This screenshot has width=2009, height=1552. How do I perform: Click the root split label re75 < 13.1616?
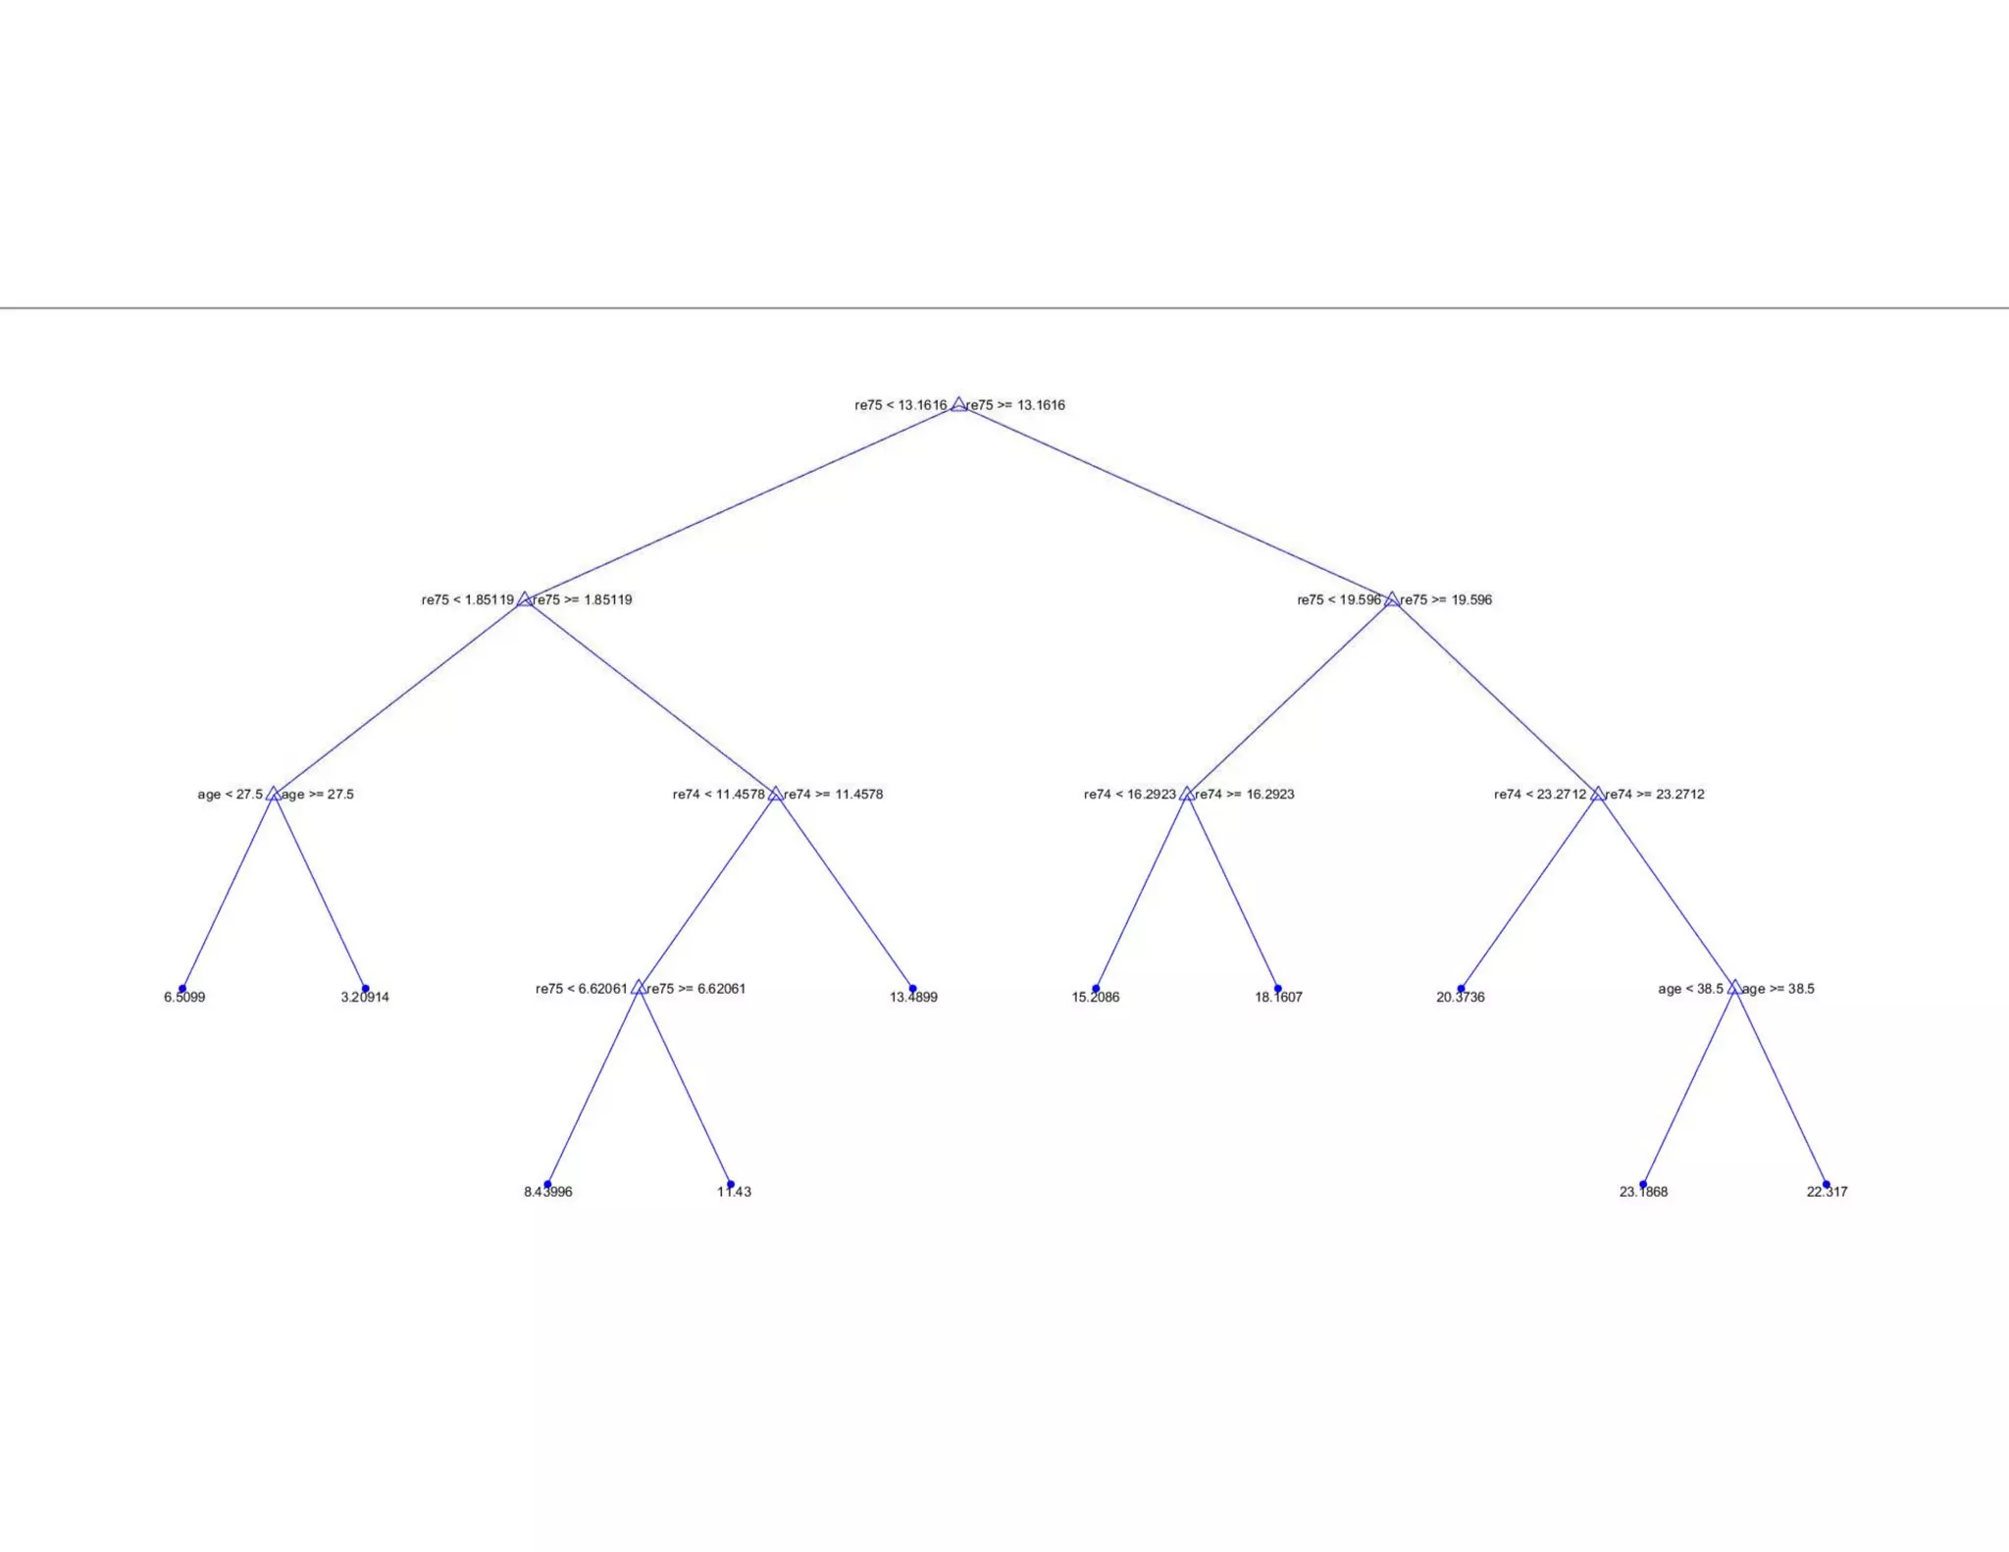coord(901,405)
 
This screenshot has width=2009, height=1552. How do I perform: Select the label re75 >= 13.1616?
coord(1015,405)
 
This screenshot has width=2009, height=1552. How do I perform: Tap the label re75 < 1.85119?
coord(468,600)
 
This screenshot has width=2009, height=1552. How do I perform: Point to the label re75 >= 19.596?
coord(1446,600)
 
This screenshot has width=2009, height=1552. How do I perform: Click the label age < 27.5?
coord(231,795)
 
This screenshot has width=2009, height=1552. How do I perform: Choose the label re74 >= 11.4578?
coord(834,795)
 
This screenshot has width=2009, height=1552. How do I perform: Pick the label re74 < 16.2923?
coord(1130,795)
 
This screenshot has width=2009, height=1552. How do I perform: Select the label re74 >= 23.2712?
coord(1655,795)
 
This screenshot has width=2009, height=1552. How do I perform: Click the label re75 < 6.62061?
coord(582,989)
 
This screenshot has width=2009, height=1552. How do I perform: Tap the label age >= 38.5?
coord(1778,989)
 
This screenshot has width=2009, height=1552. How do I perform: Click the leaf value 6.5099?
coord(184,998)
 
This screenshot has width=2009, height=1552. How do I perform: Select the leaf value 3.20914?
coord(365,998)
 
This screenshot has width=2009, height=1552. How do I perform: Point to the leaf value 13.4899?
coord(913,998)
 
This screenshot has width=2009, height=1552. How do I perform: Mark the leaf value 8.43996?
coord(548,1192)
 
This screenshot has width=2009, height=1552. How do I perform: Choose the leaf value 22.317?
coord(1827,1192)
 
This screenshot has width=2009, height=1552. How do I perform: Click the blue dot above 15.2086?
coord(1096,989)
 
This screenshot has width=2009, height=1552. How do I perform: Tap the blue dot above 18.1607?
coord(1277,989)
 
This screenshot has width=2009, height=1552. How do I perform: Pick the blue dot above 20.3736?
coord(1461,989)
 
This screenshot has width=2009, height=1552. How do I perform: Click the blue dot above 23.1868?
coord(1643,1184)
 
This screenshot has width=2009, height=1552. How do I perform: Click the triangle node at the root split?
coord(958,404)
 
